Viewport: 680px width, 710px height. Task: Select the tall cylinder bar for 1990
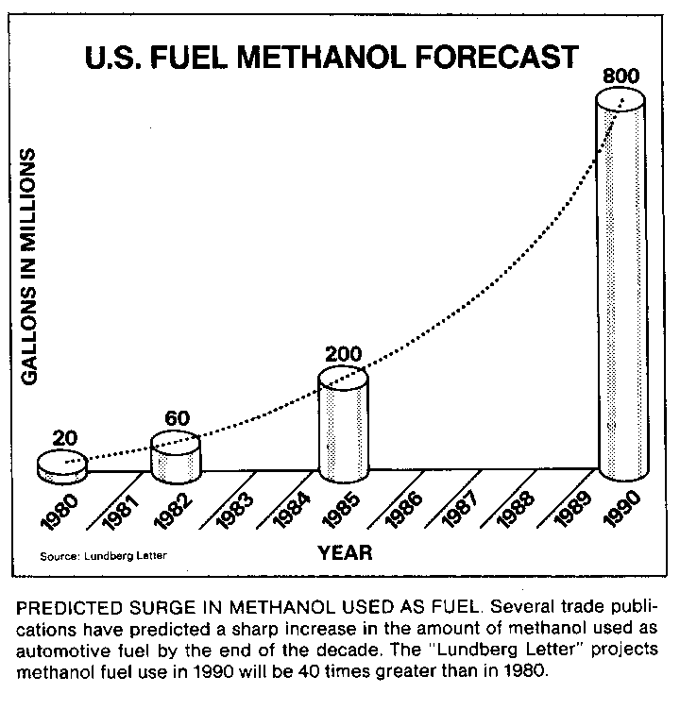pos(623,283)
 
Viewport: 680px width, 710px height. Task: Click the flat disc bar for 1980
pos(62,465)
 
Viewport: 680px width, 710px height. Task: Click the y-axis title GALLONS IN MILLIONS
pos(29,266)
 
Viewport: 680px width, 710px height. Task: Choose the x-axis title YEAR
pos(344,552)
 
